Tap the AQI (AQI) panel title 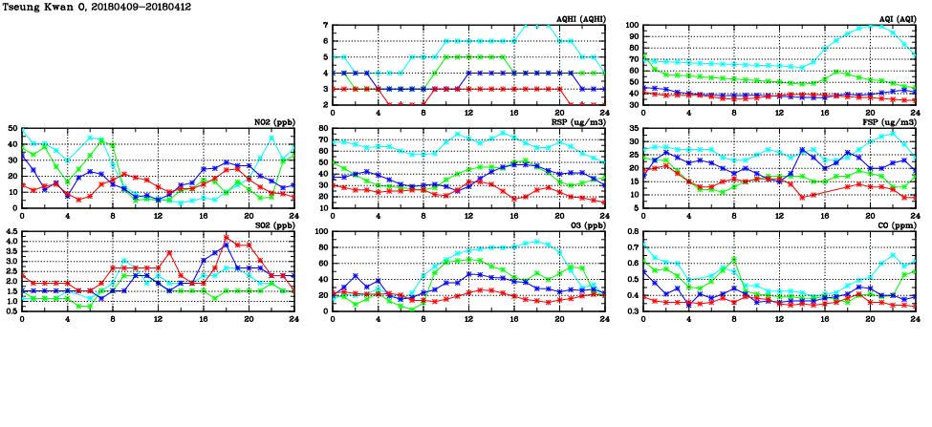(x=895, y=19)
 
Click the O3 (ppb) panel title (x=585, y=225)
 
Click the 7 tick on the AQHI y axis (x=325, y=25)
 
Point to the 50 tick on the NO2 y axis (x=11, y=128)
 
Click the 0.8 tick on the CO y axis (x=632, y=231)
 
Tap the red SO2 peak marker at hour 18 (x=226, y=237)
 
